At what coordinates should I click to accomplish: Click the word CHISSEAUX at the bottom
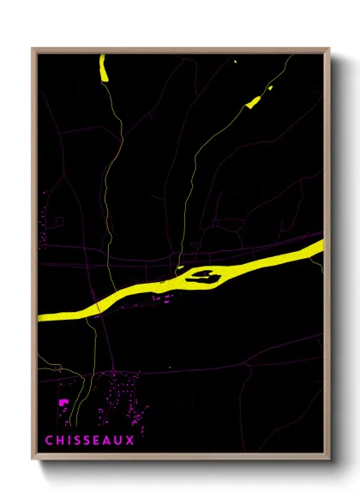pyautogui.click(x=90, y=441)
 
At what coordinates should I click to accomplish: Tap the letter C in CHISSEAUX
pyautogui.click(x=50, y=441)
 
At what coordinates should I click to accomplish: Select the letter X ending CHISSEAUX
pyautogui.click(x=130, y=441)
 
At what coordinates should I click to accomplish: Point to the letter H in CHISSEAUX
pyautogui.click(x=61, y=441)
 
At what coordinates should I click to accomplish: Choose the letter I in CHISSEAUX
pyautogui.click(x=69, y=441)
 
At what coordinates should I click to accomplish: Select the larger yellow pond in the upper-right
pyautogui.click(x=253, y=102)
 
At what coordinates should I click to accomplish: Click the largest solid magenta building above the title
pyautogui.click(x=63, y=401)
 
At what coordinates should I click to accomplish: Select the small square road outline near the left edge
pyautogui.click(x=58, y=222)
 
